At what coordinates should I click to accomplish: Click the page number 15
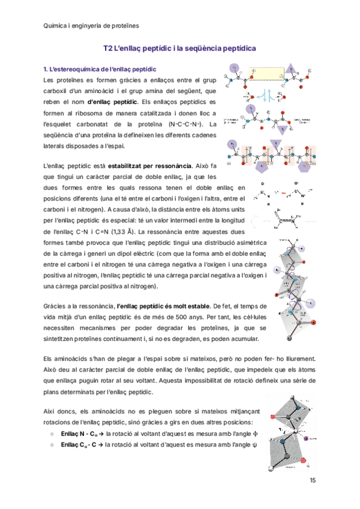coord(312,480)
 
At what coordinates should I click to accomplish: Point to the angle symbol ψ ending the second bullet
coord(254,445)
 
